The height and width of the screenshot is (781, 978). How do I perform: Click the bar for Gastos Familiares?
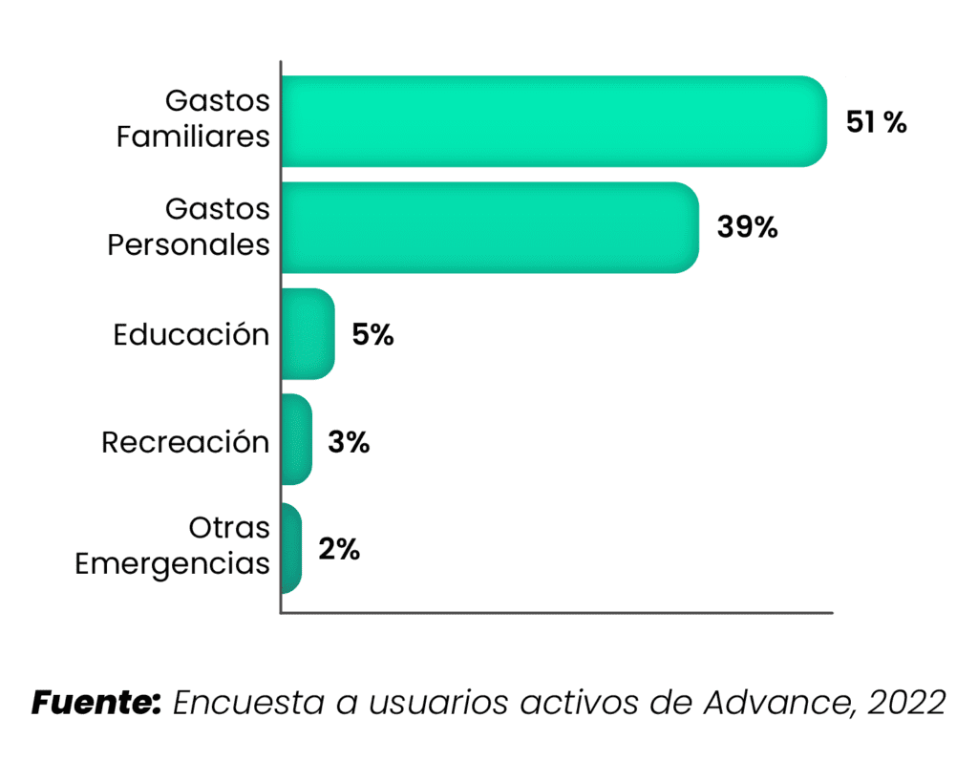pos(554,121)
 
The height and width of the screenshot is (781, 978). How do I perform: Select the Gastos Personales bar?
pos(489,227)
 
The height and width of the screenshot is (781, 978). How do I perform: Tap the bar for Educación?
pos(308,334)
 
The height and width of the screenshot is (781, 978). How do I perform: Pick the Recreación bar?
pos(297,440)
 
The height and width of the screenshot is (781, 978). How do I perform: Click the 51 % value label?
pos(876,123)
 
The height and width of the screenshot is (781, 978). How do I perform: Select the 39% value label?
pos(748,229)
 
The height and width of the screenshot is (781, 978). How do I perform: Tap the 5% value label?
pos(372,336)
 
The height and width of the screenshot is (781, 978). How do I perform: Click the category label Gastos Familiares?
pos(194,118)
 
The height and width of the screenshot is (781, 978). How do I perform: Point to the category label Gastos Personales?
pos(189,226)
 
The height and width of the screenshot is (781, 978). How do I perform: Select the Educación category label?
pos(191,335)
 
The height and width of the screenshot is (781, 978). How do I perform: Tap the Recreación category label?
pos(185,443)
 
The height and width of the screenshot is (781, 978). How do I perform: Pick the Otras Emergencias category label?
pos(173,545)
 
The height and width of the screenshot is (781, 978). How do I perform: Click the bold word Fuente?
pos(96,703)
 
